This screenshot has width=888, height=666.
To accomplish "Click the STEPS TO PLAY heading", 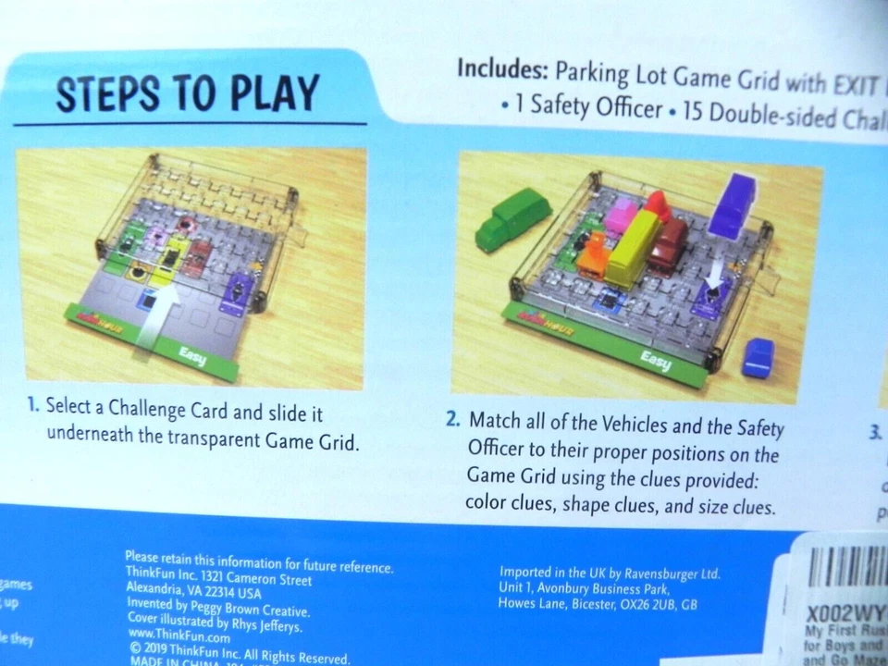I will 188,92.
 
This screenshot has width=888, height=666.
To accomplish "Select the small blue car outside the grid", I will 758,357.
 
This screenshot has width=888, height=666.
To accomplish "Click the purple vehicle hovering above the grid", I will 734,204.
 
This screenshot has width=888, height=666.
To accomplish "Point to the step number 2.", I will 452,419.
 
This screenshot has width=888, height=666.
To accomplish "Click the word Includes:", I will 502,70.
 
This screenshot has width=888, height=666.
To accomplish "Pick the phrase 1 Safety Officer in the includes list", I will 588,107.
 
